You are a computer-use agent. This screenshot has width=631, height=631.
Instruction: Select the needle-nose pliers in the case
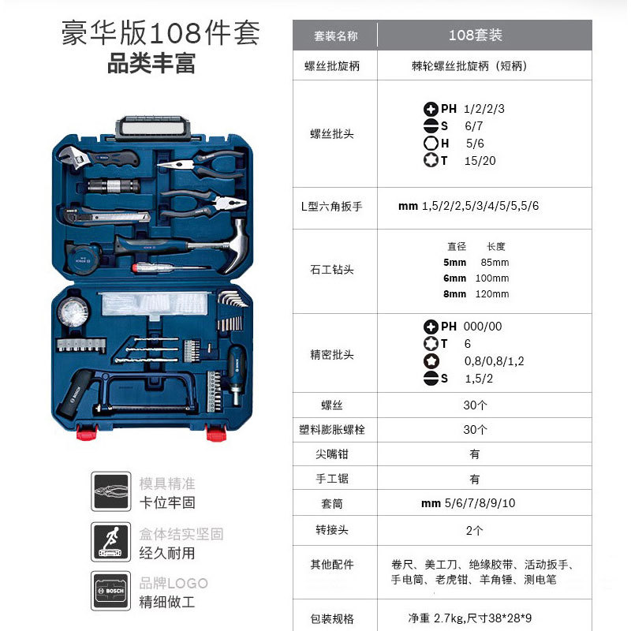coord(200,164)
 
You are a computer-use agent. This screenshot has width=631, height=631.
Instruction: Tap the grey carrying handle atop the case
coord(153,128)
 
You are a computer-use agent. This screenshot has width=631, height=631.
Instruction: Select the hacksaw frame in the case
coord(147,393)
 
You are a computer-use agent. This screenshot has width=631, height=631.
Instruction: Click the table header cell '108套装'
coord(476,35)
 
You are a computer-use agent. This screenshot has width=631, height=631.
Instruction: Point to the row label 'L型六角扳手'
coord(331,207)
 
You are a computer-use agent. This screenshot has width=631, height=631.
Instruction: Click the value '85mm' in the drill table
coord(495,263)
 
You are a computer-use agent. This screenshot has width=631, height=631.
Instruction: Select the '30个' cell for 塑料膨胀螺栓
coord(475,430)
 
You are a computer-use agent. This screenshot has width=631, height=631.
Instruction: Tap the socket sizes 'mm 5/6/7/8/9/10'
coord(468,503)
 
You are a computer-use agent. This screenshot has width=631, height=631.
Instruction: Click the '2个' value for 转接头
coord(475,530)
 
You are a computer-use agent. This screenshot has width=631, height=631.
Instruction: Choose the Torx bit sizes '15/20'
coord(480,161)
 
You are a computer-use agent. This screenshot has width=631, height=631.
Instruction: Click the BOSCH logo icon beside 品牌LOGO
coord(111,591)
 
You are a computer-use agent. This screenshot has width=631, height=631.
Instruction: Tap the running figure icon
coord(111,542)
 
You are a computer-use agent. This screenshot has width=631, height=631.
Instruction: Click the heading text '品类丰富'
coord(151,64)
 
